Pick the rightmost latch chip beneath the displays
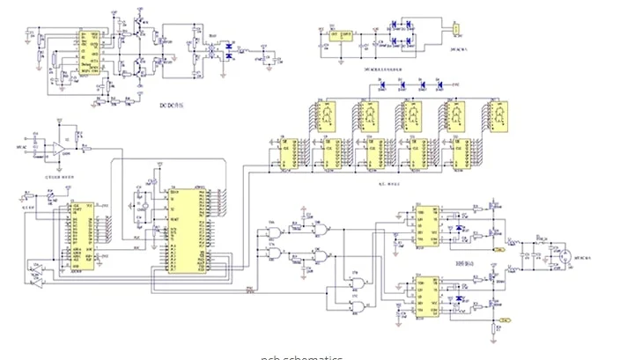[x=461, y=157]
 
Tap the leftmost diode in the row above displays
[x=381, y=86]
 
